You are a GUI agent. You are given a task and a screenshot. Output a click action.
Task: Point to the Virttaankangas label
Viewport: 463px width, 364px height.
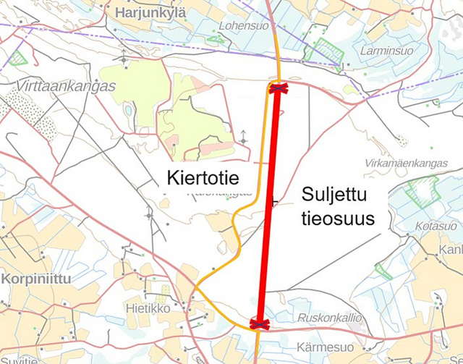click(x=64, y=86)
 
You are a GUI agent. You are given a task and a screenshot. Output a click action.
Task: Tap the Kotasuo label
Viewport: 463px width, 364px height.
click(x=436, y=227)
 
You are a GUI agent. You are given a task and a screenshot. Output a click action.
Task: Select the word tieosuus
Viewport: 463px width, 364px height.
click(x=337, y=218)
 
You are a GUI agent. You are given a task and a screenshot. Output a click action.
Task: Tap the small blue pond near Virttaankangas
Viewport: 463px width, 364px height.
click(x=129, y=111)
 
